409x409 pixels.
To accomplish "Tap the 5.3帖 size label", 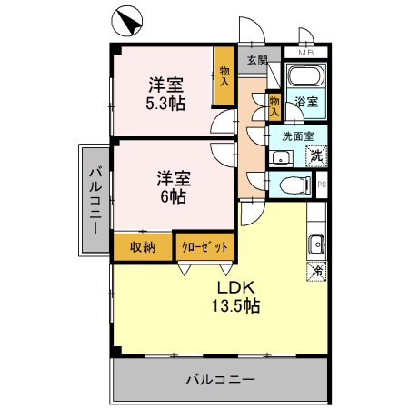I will tap(167, 103).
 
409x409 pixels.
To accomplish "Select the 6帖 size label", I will tap(172, 195).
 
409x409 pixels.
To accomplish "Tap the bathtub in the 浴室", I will tap(304, 76).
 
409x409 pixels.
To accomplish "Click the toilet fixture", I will tap(292, 185).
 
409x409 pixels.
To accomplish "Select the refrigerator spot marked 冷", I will tap(317, 271).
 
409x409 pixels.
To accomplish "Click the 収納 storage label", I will tap(142, 245).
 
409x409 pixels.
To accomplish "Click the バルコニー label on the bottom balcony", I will tap(220, 380).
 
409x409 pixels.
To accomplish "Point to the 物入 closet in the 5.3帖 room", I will tap(224, 75).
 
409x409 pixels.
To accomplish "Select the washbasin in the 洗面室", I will tap(280, 158).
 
